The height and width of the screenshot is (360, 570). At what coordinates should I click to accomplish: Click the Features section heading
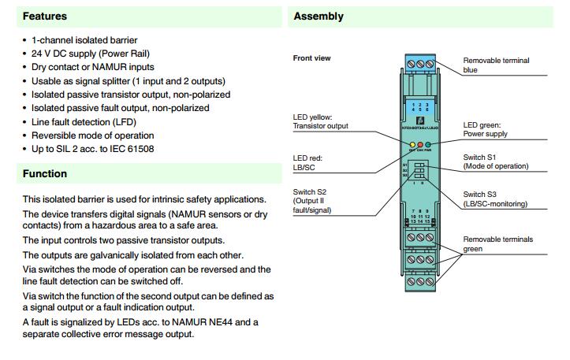(46, 16)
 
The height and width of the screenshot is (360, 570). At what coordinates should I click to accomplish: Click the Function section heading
(45, 173)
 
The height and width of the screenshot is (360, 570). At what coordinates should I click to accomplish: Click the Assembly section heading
(319, 16)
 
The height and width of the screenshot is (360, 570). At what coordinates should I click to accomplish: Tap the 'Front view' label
(312, 58)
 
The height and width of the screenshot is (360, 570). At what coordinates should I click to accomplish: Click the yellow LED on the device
(412, 146)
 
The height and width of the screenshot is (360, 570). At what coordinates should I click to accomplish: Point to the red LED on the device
(419, 146)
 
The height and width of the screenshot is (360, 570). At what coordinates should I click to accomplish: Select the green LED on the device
(428, 146)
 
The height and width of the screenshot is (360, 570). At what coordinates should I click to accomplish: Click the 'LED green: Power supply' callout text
(485, 129)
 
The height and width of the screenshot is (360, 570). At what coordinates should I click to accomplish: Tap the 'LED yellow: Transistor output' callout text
(320, 122)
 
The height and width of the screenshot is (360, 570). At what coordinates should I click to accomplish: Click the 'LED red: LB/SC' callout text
(307, 163)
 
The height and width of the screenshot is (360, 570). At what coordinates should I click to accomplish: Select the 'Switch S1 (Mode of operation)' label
(495, 161)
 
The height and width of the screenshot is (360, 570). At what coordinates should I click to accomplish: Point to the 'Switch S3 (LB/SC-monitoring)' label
(494, 199)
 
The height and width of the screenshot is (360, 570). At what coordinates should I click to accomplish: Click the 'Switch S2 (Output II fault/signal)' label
(312, 201)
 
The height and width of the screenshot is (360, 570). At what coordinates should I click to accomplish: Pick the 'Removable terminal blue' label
(496, 65)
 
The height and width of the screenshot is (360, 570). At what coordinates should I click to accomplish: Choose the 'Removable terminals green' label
(497, 243)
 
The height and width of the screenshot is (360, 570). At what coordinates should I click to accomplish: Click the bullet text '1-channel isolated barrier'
(84, 39)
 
